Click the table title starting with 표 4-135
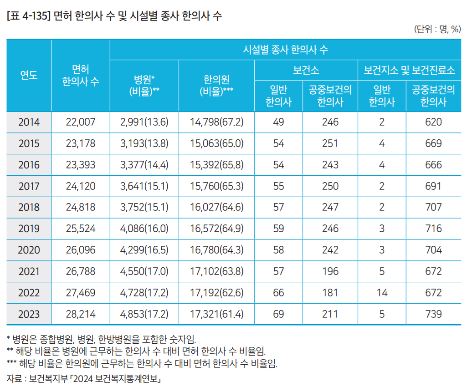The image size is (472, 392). pyautogui.click(x=114, y=17)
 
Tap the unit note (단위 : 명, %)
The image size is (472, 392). pyautogui.click(x=437, y=30)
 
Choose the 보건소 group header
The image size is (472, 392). pyautogui.click(x=306, y=71)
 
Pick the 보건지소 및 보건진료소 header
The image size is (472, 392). pyautogui.click(x=409, y=71)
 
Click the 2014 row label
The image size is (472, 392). pyautogui.click(x=29, y=122)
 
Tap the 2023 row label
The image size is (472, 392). pyautogui.click(x=29, y=314)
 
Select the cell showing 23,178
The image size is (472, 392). pyautogui.click(x=81, y=143)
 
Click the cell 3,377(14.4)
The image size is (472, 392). pyautogui.click(x=144, y=165)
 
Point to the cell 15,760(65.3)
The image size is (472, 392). pyautogui.click(x=217, y=186)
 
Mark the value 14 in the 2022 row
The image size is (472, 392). pyautogui.click(x=382, y=293)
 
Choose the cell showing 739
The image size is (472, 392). pyautogui.click(x=433, y=314)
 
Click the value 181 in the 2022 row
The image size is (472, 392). pyautogui.click(x=330, y=293)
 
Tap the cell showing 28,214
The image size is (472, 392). pyautogui.click(x=81, y=314)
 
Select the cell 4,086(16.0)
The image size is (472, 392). pyautogui.click(x=144, y=229)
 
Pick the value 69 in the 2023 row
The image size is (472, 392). pyautogui.click(x=278, y=314)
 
